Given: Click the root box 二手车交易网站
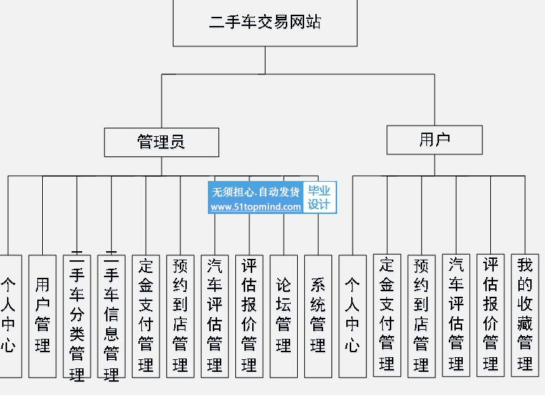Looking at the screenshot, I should coord(265,22).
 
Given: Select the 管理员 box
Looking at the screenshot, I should coord(161,142).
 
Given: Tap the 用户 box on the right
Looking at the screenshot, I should coord(434,140).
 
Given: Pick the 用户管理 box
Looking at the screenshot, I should coord(43,315).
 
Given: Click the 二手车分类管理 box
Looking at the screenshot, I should coord(77,316).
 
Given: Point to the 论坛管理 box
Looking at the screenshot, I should coord(284,315).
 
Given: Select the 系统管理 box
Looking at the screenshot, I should coord(318,315).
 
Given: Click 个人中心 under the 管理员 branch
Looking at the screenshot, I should coord(8,315).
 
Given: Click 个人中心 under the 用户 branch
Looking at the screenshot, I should coord(353,315).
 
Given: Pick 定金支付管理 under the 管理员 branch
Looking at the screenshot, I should coord(146,315).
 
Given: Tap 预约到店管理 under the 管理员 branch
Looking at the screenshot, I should coord(180,315).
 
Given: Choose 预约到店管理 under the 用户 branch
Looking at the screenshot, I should coord(421,315).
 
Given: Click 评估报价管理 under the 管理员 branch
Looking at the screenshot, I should coord(249,315).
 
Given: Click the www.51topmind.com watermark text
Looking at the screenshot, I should coord(256,207).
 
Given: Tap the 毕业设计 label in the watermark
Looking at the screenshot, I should coord(319,198).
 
